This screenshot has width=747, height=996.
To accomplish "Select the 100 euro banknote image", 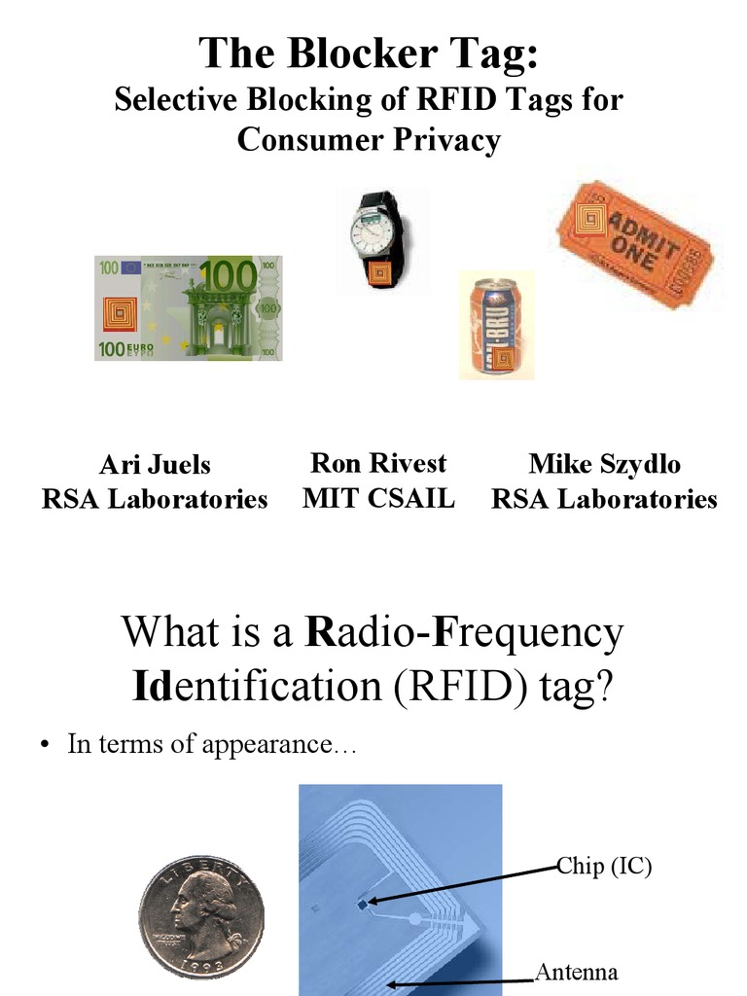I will pos(188,307).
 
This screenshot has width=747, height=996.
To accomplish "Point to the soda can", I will pos(495,327).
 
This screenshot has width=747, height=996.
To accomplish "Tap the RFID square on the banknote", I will pos(122,313).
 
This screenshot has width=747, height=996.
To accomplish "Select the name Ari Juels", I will pos(155,464).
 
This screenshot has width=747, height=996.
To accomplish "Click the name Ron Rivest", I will pos(378,462).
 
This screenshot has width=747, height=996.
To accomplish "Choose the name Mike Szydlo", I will pos(604,464).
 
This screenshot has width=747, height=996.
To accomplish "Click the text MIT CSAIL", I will pos(378,498).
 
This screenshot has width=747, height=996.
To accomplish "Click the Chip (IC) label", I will pos(603,865).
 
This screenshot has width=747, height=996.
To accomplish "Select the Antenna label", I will pos(577,972).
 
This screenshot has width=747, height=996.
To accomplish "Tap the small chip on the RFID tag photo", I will pos(363,904).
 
